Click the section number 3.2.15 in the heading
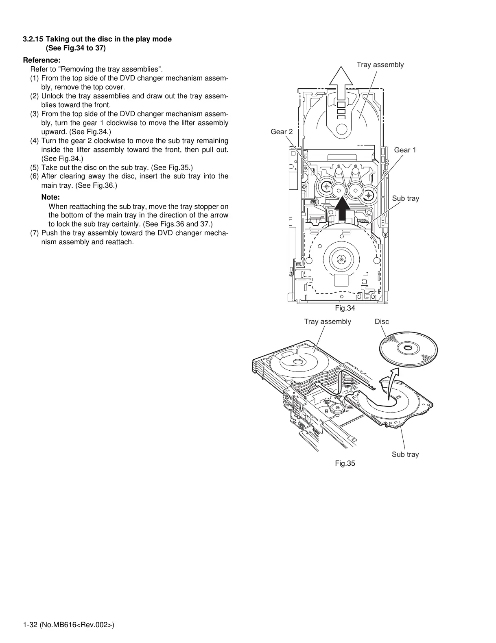coord(33,39)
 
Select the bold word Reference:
coord(42,60)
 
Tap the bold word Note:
coord(50,197)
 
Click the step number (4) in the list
coord(35,141)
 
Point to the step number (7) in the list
coord(35,233)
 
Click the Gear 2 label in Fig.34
coord(282,132)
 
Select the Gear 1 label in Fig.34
coord(405,150)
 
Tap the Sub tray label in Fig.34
coord(405,198)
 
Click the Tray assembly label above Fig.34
coord(380,65)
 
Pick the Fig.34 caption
coord(345,308)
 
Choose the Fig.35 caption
coord(345,463)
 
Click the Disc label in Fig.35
coord(382,321)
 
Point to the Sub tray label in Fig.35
coord(405,454)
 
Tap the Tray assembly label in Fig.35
coord(328,321)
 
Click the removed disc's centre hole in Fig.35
coord(408,348)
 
